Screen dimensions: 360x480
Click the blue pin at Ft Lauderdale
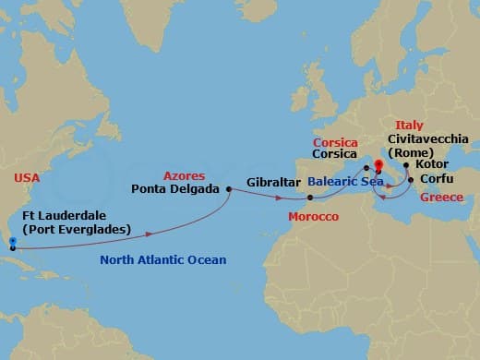(12, 244)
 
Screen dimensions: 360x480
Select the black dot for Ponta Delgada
(228, 188)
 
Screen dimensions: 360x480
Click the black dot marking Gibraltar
(310, 197)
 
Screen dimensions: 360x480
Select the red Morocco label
(313, 216)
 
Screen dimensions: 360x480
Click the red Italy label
(409, 125)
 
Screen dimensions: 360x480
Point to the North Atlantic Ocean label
(163, 260)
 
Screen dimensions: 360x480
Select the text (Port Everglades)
(76, 229)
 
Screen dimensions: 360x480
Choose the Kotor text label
(433, 162)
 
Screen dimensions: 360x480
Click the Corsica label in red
(333, 144)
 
